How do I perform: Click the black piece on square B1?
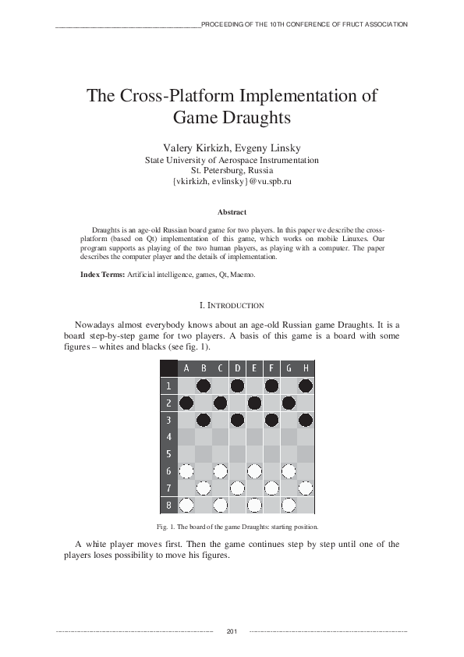[203, 385]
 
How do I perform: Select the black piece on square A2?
[186, 403]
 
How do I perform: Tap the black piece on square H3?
[306, 420]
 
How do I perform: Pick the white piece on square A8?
[186, 505]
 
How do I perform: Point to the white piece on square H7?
[306, 488]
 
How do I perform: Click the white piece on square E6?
[254, 471]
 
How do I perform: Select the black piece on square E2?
[254, 403]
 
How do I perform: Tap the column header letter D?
[237, 368]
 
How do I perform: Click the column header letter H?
[306, 368]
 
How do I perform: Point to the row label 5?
[168, 454]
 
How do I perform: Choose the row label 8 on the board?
[168, 505]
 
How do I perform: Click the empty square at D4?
[237, 437]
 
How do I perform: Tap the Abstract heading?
[232, 212]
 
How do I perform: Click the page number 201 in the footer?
[231, 630]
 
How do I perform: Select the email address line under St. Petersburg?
[232, 181]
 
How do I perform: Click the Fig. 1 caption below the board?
[232, 527]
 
